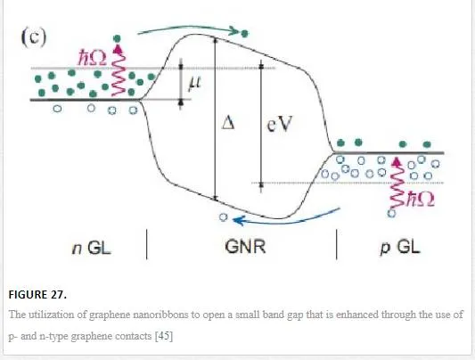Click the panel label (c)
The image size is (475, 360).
(34, 37)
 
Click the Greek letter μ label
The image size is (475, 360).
(194, 83)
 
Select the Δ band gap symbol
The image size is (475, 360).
(228, 123)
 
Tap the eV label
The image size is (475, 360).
(280, 124)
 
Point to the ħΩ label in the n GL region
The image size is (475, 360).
(93, 58)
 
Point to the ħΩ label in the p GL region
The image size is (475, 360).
(420, 200)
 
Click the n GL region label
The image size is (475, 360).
(92, 249)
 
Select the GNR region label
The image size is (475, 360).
(245, 247)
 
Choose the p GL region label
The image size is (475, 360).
(400, 248)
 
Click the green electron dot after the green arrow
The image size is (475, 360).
(244, 33)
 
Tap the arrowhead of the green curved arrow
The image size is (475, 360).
(234, 30)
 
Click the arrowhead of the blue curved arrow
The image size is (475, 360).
(238, 220)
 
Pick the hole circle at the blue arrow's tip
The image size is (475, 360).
(224, 217)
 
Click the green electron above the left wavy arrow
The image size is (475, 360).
(117, 38)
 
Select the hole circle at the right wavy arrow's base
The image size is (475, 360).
(391, 213)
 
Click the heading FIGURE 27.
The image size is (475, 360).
(37, 295)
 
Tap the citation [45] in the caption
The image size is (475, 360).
(164, 336)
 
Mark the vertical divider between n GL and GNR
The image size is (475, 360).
(147, 244)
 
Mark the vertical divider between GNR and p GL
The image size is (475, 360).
(337, 244)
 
